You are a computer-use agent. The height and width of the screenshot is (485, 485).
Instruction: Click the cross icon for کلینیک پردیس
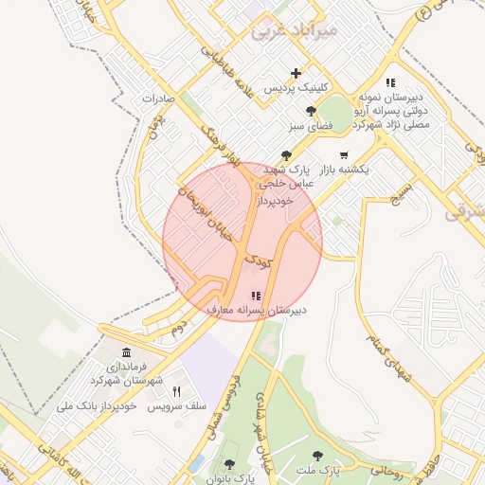[296, 73]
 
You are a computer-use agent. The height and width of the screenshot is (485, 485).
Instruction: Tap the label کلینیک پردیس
[296, 88]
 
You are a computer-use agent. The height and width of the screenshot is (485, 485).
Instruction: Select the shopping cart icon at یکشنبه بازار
[343, 154]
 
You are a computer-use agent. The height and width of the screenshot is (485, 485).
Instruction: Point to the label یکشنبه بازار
[343, 170]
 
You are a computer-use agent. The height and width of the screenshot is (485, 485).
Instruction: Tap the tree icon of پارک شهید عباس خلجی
[286, 155]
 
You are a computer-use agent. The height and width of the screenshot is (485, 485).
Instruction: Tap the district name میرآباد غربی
[294, 30]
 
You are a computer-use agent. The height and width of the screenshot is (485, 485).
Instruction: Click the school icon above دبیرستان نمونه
[391, 82]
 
